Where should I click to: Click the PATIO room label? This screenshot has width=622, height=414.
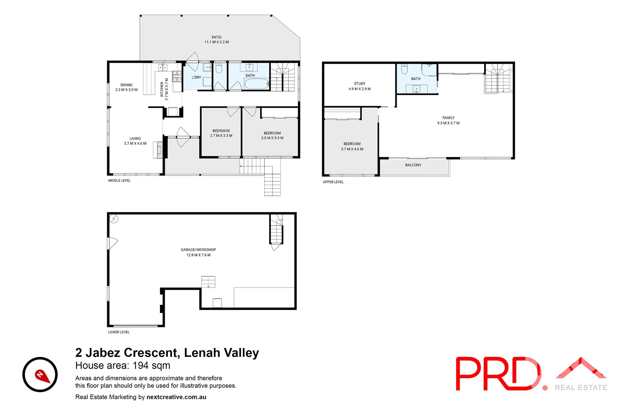pyautogui.click(x=217, y=38)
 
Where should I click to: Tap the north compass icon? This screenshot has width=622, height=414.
pyautogui.click(x=40, y=375)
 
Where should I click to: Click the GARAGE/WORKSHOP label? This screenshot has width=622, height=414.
pyautogui.click(x=199, y=250)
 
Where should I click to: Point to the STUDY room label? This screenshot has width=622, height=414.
pyautogui.click(x=360, y=84)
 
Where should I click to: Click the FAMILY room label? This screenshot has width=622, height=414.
pyautogui.click(x=448, y=118)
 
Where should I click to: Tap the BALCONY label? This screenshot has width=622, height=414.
pyautogui.click(x=413, y=165)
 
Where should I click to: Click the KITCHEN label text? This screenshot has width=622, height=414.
pyautogui.click(x=162, y=89)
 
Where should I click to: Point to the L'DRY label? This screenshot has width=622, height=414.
pyautogui.click(x=196, y=77)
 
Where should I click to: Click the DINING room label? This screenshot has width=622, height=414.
pyautogui.click(x=126, y=85)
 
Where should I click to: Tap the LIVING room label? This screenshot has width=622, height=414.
pyautogui.click(x=135, y=139)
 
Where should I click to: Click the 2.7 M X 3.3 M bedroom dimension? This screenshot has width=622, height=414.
pyautogui.click(x=221, y=136)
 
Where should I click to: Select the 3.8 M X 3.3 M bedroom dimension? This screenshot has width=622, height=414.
pyautogui.click(x=272, y=138)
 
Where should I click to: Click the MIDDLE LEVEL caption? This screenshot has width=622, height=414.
pyautogui.click(x=119, y=181)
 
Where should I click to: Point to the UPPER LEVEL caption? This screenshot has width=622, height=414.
pyautogui.click(x=333, y=182)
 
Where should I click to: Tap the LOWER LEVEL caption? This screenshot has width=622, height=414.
pyautogui.click(x=119, y=332)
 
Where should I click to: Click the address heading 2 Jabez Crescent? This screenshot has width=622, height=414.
pyautogui.click(x=167, y=353)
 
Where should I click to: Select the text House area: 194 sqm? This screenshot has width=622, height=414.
pyautogui.click(x=123, y=366)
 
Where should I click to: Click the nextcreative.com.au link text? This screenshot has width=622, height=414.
pyautogui.click(x=176, y=397)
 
